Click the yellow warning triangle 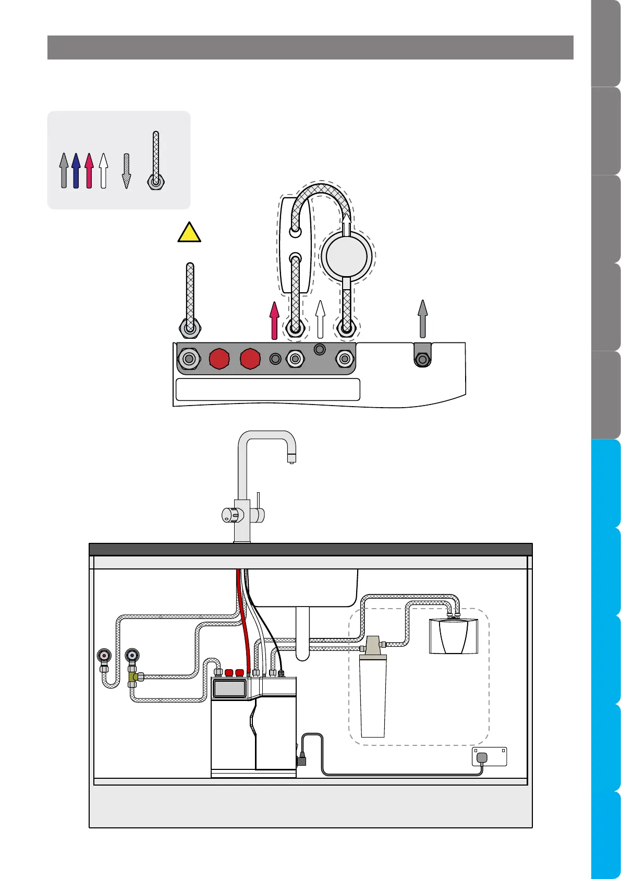[x=189, y=233]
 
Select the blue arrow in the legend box [x=76, y=170]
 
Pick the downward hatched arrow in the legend [x=126, y=171]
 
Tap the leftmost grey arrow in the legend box [x=64, y=170]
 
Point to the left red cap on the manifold [x=219, y=359]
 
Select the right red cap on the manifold [x=250, y=359]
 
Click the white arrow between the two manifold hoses [x=320, y=319]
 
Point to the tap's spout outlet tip [x=291, y=459]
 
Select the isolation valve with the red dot [x=105, y=656]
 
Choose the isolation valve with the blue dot [x=133, y=656]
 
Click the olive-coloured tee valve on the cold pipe [x=134, y=677]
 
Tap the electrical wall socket [x=489, y=756]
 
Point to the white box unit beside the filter [x=453, y=635]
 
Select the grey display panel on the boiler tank [x=229, y=688]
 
